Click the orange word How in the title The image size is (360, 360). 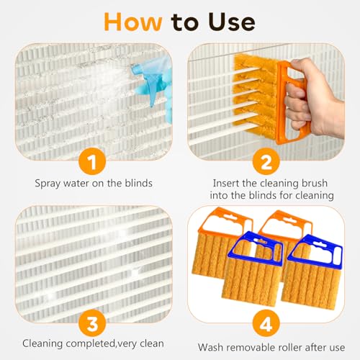(132, 22)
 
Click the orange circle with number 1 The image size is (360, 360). (92, 161)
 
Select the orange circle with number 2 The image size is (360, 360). (266, 161)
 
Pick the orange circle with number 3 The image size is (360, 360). (92, 323)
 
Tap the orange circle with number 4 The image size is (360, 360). (266, 323)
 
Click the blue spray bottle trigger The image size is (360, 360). (152, 92)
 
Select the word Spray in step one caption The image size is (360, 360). (48, 184)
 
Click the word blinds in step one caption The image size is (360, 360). (138, 183)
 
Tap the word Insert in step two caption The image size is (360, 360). (226, 183)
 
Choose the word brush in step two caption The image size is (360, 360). (315, 183)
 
